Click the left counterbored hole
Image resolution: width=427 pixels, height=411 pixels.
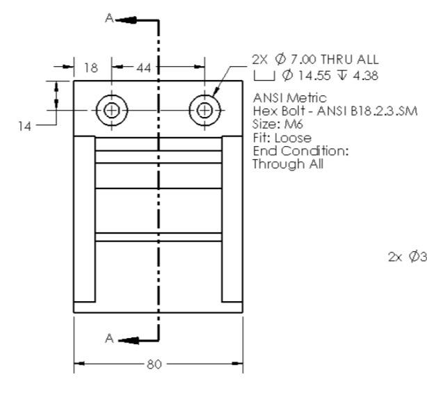(111, 110)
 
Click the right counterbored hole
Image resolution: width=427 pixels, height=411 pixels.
(204, 110)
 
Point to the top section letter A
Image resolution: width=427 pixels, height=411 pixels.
(109, 19)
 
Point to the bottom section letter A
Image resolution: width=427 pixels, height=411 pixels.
(109, 338)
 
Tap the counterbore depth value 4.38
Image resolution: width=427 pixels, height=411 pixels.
(366, 75)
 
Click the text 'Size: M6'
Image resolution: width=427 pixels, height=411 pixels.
(273, 124)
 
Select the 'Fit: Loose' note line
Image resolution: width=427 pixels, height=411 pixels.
(273, 138)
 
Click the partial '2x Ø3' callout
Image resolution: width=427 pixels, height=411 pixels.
(406, 257)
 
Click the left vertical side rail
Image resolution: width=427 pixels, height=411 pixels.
(84, 219)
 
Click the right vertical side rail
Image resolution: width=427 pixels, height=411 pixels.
(232, 219)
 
